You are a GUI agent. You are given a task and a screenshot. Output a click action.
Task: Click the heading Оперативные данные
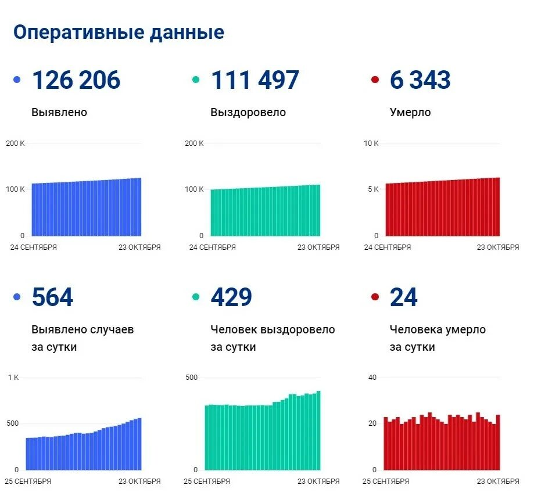(x=119, y=33)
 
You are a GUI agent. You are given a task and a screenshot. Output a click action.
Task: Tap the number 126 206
(x=76, y=80)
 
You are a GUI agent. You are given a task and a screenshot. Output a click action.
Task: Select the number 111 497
(x=255, y=80)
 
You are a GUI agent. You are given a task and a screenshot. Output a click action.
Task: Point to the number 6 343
(x=420, y=80)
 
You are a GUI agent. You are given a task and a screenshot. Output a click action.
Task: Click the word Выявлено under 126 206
(x=59, y=113)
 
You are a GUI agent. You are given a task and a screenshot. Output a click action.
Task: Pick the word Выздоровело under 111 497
(x=248, y=113)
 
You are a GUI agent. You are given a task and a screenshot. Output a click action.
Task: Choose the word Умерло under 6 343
(x=410, y=113)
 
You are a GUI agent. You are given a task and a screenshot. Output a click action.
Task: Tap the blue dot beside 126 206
(x=17, y=80)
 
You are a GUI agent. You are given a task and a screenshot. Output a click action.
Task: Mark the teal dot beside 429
(x=196, y=297)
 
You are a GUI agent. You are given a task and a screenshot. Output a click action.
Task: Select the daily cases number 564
(x=52, y=297)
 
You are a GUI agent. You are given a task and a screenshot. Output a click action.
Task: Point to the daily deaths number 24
(x=404, y=297)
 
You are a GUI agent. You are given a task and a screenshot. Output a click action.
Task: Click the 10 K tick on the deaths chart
(x=371, y=143)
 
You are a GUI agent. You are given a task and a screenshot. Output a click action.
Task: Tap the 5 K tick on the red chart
(x=372, y=189)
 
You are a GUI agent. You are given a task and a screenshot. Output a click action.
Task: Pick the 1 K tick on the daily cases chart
(x=13, y=378)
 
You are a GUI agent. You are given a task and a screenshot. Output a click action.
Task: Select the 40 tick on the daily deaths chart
(x=372, y=378)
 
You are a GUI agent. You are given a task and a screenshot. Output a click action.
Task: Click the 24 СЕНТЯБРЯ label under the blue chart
(x=33, y=247)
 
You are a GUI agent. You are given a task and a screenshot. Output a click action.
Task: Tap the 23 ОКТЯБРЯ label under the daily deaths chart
(x=497, y=481)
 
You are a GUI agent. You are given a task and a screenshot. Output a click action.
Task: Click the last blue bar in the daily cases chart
(x=139, y=444)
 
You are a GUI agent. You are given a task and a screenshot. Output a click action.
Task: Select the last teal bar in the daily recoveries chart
(x=318, y=430)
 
